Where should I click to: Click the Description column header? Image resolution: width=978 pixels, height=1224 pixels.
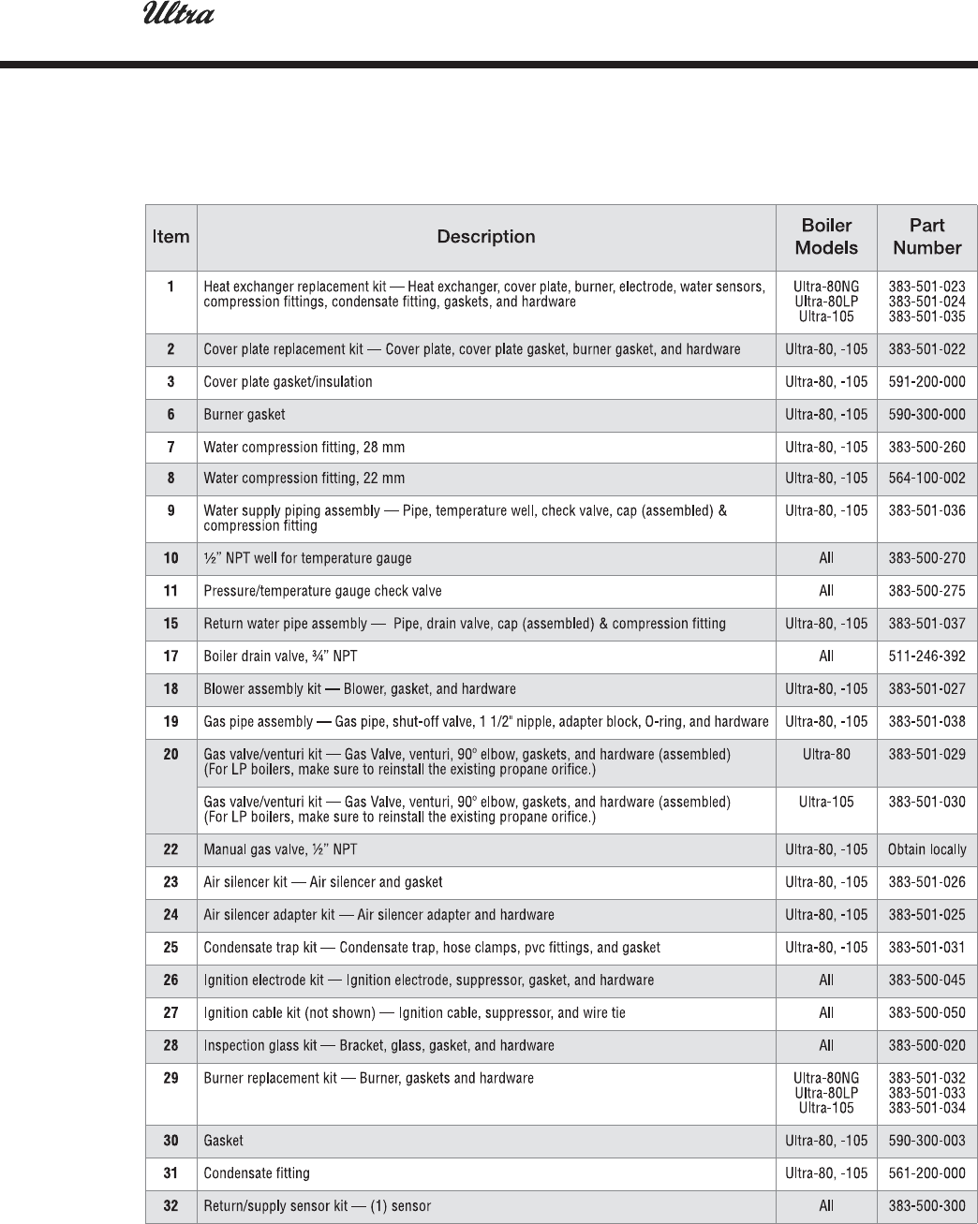(x=486, y=237)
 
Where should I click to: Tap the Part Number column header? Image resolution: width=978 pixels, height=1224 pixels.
(x=926, y=237)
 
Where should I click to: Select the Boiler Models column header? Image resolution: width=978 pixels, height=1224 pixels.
(x=826, y=237)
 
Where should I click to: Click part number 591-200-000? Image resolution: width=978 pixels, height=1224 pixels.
(x=926, y=382)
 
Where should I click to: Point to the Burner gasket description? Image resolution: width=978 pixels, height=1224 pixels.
(x=244, y=415)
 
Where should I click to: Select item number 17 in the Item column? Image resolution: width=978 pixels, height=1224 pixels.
(x=170, y=656)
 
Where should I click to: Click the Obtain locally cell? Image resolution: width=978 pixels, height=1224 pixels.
(x=926, y=849)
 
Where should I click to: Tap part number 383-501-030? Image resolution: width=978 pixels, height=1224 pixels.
(x=926, y=803)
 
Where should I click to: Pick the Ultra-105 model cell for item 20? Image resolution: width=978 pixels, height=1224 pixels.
(x=826, y=803)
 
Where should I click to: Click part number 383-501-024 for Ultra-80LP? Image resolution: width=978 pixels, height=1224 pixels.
(x=926, y=302)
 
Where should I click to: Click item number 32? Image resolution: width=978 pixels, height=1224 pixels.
(x=170, y=1206)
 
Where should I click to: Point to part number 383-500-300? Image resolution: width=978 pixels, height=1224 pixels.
(x=926, y=1206)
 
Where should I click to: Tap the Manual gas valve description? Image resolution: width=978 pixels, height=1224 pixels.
(x=280, y=849)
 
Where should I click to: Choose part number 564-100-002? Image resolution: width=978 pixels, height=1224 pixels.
(x=926, y=479)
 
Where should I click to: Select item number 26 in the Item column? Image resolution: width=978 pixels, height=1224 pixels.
(x=170, y=981)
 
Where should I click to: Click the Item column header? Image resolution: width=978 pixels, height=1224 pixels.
(x=170, y=237)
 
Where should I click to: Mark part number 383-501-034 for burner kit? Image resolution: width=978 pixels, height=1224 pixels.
(x=926, y=1108)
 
